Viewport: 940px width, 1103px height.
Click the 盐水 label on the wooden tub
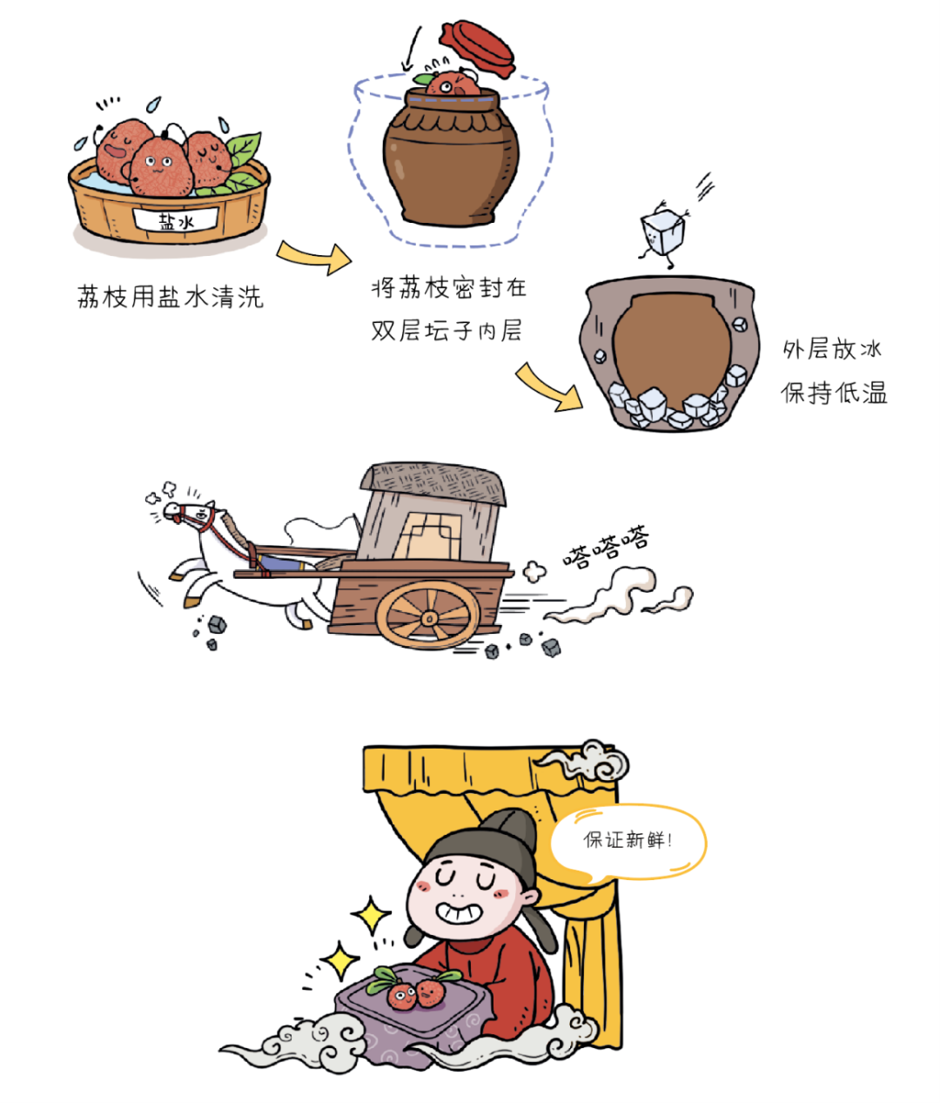coord(176,220)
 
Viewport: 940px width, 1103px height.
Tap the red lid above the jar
coord(476,49)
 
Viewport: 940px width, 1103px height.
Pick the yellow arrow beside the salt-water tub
coord(313,257)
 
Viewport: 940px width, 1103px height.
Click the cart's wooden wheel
coord(428,616)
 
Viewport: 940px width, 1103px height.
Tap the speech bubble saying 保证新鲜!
coord(628,841)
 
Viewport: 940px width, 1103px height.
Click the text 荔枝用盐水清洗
coord(171,297)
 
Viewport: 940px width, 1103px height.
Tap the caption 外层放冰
coord(831,349)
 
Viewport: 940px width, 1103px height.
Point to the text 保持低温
coord(834,393)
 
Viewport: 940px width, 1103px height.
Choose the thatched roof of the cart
coord(433,484)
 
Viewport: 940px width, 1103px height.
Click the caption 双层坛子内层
coord(446,331)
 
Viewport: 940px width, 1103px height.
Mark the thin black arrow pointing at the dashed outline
coord(412,49)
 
